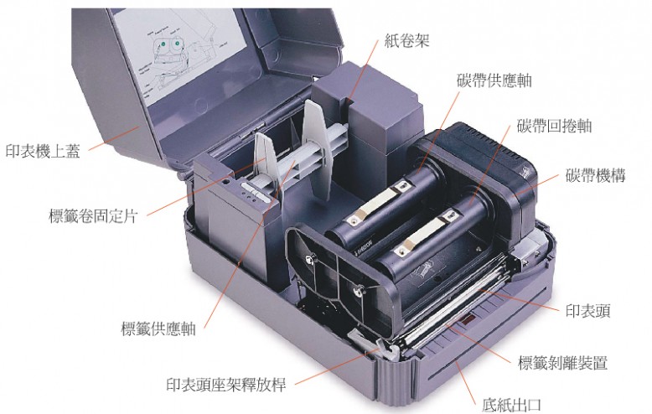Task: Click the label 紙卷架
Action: (406, 41)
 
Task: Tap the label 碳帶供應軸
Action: (494, 80)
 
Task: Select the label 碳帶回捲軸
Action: (554, 126)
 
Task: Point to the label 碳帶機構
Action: (595, 175)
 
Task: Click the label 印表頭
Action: (587, 310)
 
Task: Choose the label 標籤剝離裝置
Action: (562, 363)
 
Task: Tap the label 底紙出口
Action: (511, 405)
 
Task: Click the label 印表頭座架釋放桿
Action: (226, 385)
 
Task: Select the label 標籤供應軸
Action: (158, 329)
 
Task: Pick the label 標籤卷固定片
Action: (93, 216)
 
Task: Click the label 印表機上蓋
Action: (43, 151)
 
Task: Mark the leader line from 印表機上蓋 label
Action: (113, 138)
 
